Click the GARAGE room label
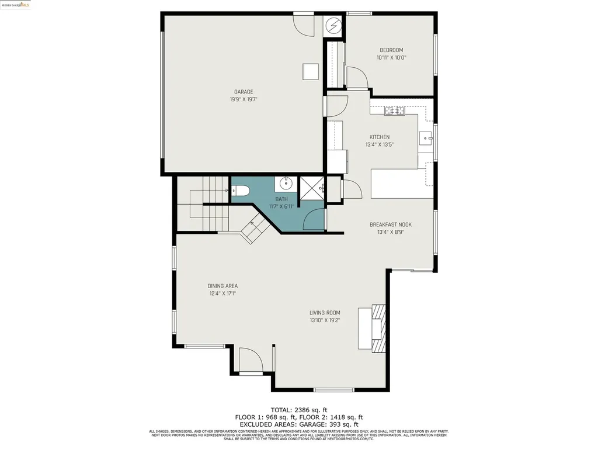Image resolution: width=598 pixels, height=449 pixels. coord(244,92)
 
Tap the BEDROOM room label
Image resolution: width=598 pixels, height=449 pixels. coord(391,50)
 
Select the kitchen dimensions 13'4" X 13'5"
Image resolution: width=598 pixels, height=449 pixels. coord(379,144)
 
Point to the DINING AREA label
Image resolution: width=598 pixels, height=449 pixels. coord(222,286)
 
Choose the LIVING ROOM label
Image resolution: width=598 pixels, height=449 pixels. coord(325,313)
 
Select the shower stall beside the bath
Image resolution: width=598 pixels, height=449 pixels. coord(311,187)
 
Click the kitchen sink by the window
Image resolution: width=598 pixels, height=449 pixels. coord(425,139)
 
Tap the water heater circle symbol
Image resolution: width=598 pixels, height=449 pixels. coord(333,25)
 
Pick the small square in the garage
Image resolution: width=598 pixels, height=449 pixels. coord(311,71)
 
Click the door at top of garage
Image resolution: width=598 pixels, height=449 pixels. coord(303,23)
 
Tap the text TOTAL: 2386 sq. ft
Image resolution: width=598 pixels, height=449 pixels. coord(299,410)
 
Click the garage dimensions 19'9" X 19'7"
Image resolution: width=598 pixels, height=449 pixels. coord(244,99)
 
